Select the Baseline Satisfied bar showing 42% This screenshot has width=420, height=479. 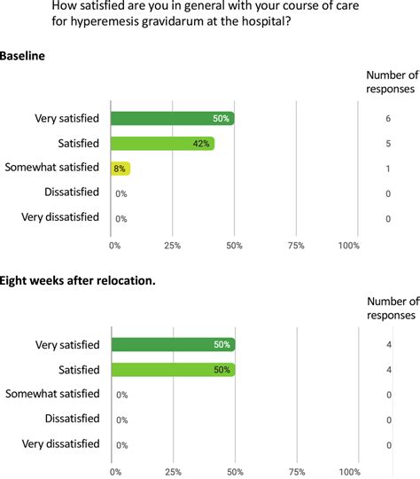click(x=162, y=143)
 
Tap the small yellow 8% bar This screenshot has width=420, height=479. click(x=121, y=168)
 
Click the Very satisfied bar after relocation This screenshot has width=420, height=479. click(x=173, y=344)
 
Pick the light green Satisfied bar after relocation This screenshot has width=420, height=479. click(x=173, y=369)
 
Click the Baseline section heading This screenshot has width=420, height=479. click(x=23, y=56)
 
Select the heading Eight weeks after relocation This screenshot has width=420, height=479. click(x=78, y=281)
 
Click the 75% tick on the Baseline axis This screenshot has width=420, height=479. click(x=297, y=245)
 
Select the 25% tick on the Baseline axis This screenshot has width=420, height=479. click(x=173, y=245)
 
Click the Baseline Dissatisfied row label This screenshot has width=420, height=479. click(x=72, y=192)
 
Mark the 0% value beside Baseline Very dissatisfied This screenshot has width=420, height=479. click(x=121, y=218)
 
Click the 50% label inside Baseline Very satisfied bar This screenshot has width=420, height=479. click(x=222, y=118)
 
